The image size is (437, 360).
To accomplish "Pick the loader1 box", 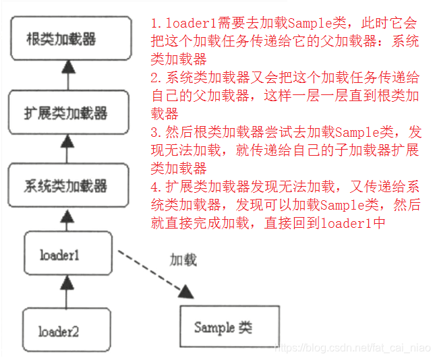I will click(x=67, y=254).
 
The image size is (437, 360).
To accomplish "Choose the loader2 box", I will click(x=67, y=330).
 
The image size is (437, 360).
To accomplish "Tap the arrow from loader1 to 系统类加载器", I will click(x=66, y=219).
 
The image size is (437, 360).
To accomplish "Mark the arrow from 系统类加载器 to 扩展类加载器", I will click(x=66, y=148).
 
